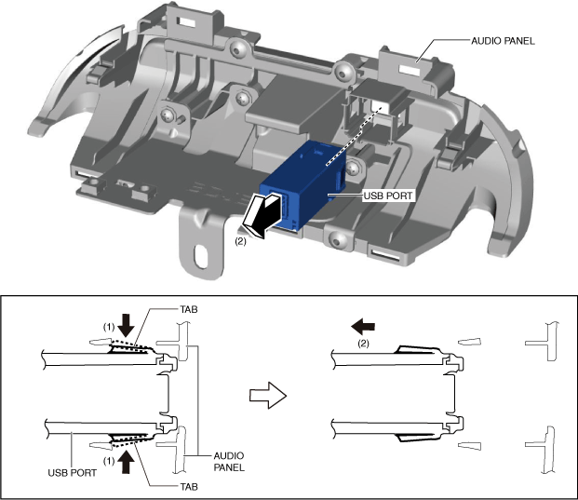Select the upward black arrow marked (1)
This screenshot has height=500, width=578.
click(127, 457)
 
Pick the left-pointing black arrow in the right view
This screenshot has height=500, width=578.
click(363, 325)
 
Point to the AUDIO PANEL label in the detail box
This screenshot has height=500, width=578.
click(229, 462)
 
